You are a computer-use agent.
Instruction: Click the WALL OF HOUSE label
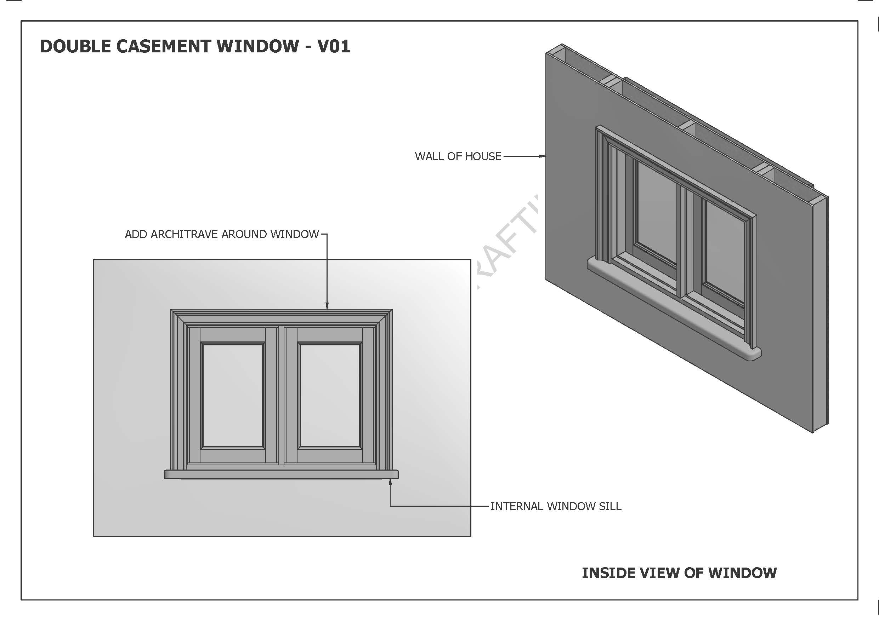point(458,156)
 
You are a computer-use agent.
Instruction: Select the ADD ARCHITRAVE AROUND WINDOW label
point(222,234)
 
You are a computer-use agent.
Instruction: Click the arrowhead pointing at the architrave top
point(327,306)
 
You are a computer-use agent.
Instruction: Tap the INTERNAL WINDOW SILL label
point(556,507)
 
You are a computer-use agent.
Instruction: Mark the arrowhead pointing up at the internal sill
point(390,483)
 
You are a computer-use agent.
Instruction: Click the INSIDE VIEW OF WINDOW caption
point(679,573)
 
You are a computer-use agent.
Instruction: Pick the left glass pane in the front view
point(233,396)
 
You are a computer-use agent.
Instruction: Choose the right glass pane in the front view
point(330,396)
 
